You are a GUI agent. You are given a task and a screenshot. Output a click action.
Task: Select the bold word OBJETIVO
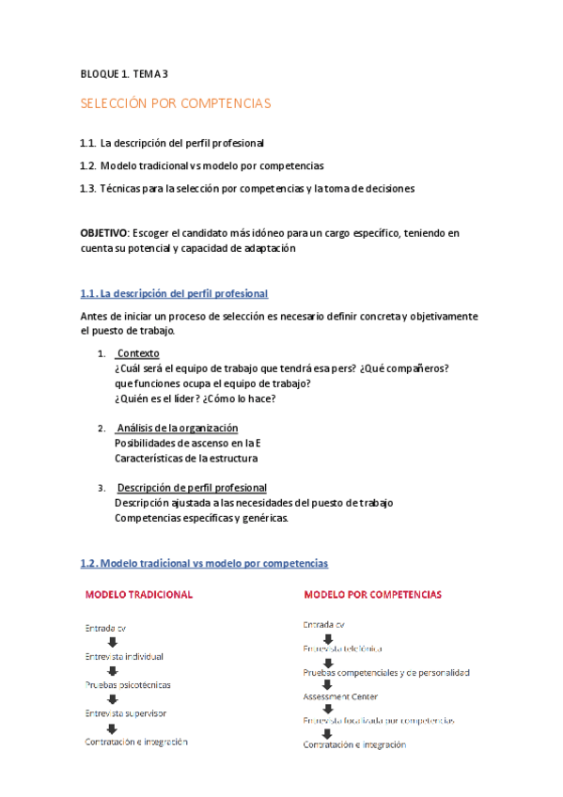105,232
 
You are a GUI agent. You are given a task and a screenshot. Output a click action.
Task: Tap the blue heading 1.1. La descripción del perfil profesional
175,293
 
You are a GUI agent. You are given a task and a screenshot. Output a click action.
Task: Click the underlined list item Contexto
137,353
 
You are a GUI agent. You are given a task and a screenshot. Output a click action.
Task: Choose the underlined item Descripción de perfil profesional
192,488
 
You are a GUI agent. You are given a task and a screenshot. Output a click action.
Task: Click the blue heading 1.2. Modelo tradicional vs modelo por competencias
205,563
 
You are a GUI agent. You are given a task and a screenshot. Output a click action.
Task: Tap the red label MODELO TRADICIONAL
139,594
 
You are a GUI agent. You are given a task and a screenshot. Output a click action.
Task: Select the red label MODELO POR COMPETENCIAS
372,594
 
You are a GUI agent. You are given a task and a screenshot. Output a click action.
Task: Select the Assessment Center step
340,696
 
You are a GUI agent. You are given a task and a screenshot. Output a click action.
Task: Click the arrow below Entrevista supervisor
111,728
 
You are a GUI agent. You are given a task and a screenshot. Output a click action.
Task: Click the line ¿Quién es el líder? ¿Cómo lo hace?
195,398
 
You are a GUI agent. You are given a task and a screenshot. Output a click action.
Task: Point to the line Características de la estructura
186,458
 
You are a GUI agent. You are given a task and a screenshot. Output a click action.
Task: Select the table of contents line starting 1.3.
247,188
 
